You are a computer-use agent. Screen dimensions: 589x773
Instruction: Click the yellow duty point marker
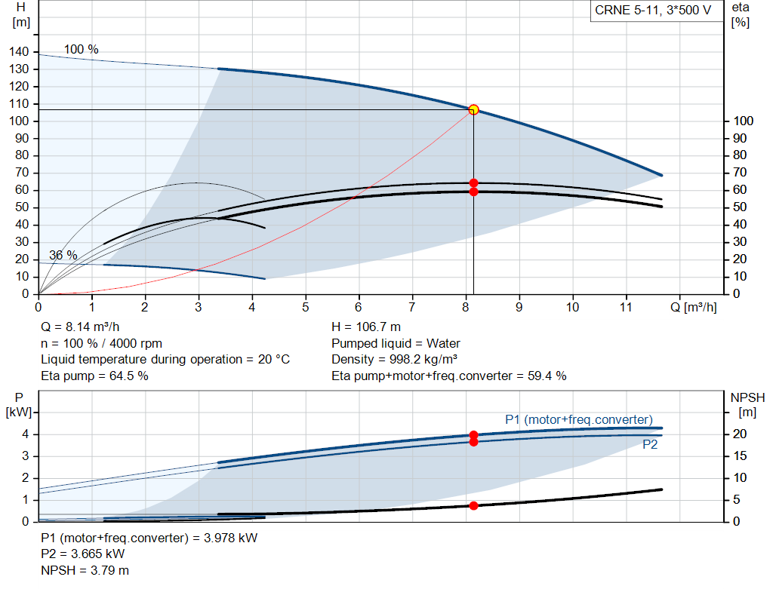point(473,109)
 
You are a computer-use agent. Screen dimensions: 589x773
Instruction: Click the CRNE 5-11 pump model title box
point(653,11)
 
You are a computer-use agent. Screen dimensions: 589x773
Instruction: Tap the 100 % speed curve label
point(81,50)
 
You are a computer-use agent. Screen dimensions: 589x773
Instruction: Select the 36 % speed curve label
point(63,255)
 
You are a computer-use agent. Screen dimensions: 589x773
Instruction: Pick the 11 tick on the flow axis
point(626,308)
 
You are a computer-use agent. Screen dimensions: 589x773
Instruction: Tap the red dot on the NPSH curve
point(473,505)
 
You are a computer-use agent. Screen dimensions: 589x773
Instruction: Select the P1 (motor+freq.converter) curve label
point(579,419)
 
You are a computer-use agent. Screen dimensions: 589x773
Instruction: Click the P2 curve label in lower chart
point(651,445)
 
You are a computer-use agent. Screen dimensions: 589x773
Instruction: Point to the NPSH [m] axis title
point(747,404)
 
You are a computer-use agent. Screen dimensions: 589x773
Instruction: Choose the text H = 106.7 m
point(366,327)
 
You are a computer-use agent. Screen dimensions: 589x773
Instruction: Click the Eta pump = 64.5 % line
point(94,376)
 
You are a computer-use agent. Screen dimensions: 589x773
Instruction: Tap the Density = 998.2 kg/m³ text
point(395,359)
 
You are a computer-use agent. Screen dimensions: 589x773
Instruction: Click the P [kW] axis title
point(20,404)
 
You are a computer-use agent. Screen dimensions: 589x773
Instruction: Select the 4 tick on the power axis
point(25,434)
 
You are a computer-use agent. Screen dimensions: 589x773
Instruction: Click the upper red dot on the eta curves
point(473,183)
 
